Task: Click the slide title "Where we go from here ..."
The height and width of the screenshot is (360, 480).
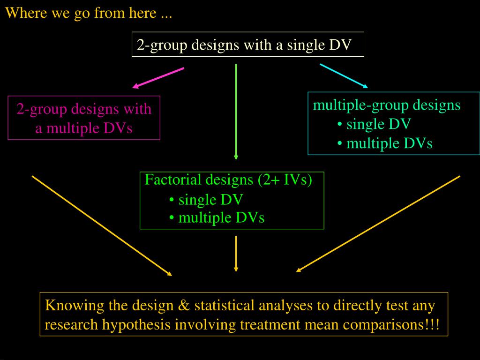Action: coord(89,13)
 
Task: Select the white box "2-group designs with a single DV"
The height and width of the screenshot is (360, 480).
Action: coord(247,45)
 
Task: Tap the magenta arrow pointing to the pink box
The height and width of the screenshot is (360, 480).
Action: coord(158,78)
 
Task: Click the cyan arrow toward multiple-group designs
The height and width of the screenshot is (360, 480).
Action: coord(344,75)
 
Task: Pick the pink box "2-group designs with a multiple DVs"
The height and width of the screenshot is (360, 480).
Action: coord(84,118)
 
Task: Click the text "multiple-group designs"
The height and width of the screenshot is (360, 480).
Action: coord(387,105)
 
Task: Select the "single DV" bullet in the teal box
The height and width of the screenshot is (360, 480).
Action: coord(378,124)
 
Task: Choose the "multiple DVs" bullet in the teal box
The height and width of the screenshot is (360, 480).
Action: coord(389,143)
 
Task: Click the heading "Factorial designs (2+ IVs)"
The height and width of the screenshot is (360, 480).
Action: coord(228,180)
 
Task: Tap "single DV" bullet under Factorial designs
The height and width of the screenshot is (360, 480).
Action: coord(210,200)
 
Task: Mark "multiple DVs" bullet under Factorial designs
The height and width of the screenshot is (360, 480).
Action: coord(221,217)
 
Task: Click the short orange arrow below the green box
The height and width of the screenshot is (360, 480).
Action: coord(236,254)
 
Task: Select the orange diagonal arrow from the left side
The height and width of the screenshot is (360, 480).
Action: coord(102,225)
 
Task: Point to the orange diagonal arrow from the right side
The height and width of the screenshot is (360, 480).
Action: coord(378,224)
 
